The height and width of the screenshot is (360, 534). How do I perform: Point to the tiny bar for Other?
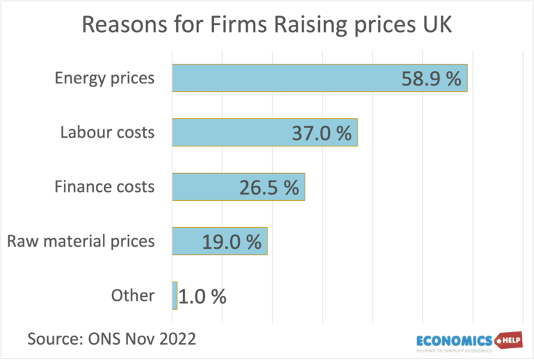(x=175, y=295)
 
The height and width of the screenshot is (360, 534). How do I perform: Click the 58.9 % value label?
(x=431, y=78)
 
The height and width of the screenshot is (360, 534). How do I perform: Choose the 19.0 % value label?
(x=232, y=241)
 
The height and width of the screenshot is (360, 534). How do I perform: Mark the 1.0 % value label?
(x=202, y=296)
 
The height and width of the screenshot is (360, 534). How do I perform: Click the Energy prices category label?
(x=105, y=78)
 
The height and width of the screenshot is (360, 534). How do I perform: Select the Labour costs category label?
(x=107, y=132)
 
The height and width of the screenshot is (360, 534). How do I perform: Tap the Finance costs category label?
(x=104, y=187)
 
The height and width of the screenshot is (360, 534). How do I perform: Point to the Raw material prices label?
(x=81, y=241)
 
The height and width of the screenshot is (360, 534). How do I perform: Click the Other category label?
(x=133, y=295)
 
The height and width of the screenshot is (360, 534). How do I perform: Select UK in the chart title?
(x=437, y=25)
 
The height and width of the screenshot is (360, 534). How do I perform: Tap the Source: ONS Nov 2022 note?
(x=111, y=338)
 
